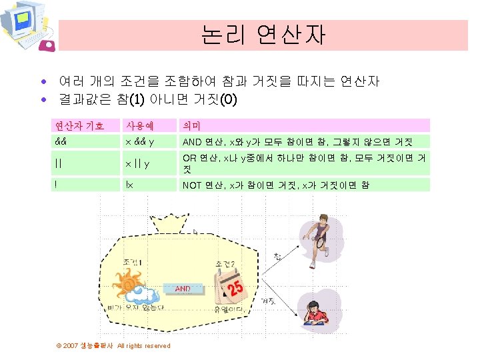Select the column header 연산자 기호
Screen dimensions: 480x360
[x=79, y=125]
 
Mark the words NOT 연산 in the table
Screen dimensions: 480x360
[x=203, y=185]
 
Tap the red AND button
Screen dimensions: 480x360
[x=182, y=289]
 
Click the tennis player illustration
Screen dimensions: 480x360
[x=319, y=233]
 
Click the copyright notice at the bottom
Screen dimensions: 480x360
[x=113, y=345]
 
